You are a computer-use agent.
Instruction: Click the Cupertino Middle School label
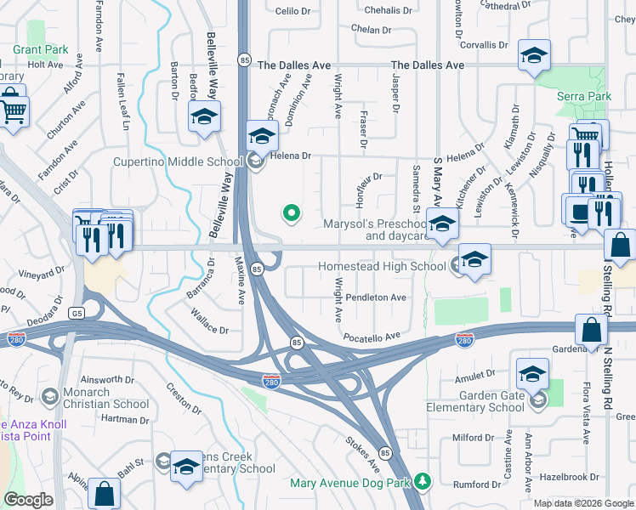178,161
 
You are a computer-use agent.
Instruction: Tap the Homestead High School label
382,266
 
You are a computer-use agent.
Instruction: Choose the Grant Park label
40,49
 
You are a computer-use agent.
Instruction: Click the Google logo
28,500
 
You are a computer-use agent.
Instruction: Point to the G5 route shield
78,314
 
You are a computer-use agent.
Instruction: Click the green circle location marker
292,213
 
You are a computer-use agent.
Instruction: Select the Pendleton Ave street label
376,297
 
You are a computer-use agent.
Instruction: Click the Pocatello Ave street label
372,337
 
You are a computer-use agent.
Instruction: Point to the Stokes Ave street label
362,455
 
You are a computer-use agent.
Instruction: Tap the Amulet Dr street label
474,374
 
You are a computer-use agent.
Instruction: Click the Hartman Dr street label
125,420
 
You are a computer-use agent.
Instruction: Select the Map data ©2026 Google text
582,503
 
